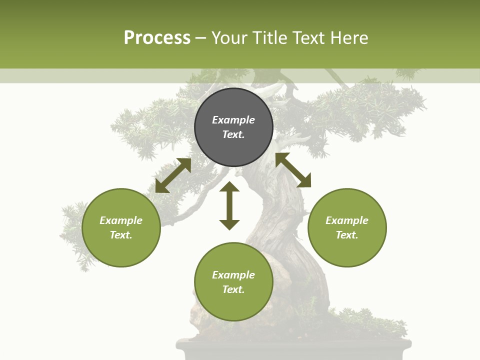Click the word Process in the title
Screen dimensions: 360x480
157,38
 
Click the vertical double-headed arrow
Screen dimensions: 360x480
229,206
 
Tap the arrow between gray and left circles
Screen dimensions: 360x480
173,175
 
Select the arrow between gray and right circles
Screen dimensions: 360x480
293,170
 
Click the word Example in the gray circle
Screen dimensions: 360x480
233,120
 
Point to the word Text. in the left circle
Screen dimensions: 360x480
121,235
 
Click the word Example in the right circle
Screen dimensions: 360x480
347,220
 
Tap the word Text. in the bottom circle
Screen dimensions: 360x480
233,289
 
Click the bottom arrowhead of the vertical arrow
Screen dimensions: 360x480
229,225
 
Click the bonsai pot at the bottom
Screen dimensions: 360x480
294,350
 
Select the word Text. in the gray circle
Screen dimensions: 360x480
233,134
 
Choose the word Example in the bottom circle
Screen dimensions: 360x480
233,275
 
